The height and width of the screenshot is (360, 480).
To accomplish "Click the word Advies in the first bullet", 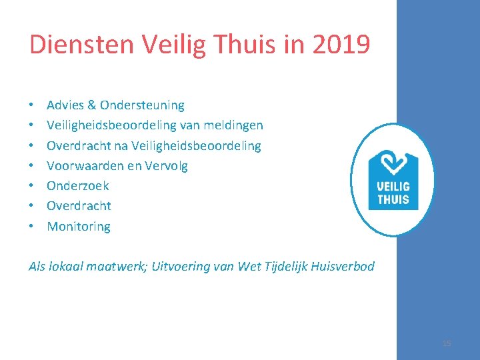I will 65,105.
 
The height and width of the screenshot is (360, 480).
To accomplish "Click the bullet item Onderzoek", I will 77,186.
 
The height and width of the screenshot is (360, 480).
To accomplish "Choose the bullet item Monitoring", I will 79,227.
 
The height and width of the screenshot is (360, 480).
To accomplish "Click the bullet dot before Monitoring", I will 31,227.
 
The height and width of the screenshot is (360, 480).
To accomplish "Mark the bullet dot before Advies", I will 31,105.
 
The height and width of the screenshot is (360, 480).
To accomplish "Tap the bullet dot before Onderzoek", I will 31,186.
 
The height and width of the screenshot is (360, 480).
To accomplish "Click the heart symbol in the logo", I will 393,162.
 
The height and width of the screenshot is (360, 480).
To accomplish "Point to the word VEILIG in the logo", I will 393,186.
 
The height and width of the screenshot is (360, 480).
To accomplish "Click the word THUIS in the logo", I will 393,199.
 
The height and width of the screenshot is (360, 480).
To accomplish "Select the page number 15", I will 447,343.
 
